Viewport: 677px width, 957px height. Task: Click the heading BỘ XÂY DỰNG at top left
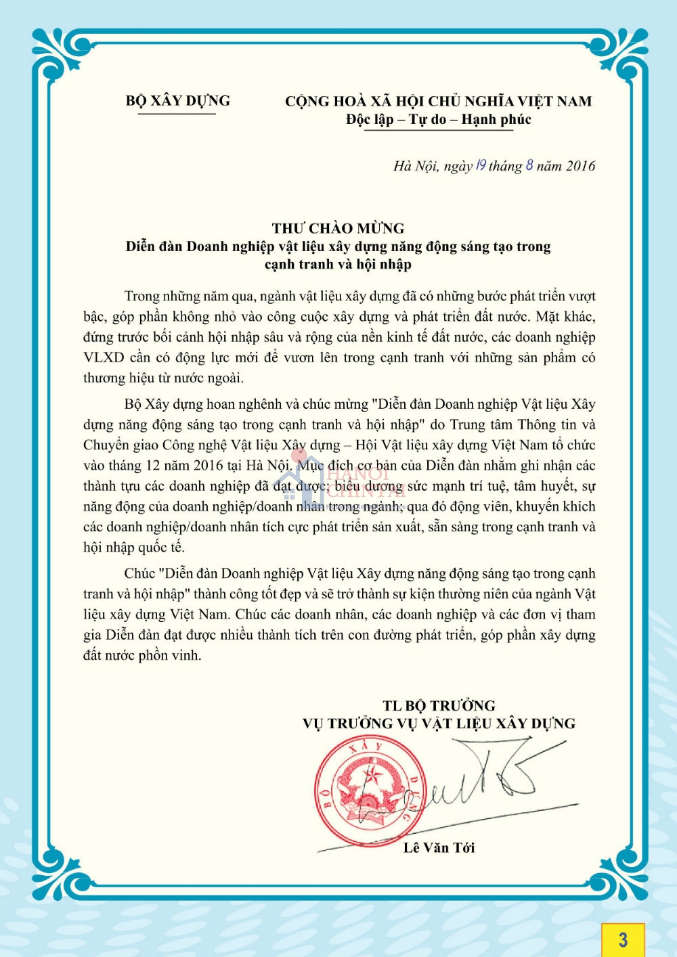(177, 101)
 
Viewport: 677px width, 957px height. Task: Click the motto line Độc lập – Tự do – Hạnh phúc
(438, 120)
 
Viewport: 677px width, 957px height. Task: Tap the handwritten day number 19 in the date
(481, 164)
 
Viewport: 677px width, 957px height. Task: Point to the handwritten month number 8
(529, 164)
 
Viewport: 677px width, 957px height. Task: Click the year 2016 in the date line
(580, 166)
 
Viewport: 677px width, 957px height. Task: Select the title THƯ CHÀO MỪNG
(338, 228)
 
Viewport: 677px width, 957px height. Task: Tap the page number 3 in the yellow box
(622, 939)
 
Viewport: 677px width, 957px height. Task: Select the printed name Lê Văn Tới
(439, 847)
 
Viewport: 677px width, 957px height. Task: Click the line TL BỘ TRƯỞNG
(439, 705)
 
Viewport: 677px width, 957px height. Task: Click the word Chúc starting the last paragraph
(139, 574)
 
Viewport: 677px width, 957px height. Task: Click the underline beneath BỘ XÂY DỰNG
(177, 114)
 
